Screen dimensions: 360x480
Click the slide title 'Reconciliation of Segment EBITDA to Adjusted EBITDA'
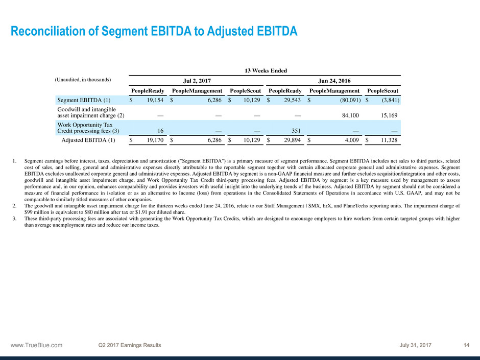154,32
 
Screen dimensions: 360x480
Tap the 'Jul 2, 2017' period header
198,81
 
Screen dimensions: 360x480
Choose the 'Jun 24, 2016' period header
334,81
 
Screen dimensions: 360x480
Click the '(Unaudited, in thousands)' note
83,80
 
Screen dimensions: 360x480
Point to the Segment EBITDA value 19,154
152,101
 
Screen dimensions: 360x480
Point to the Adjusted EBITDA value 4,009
351,140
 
